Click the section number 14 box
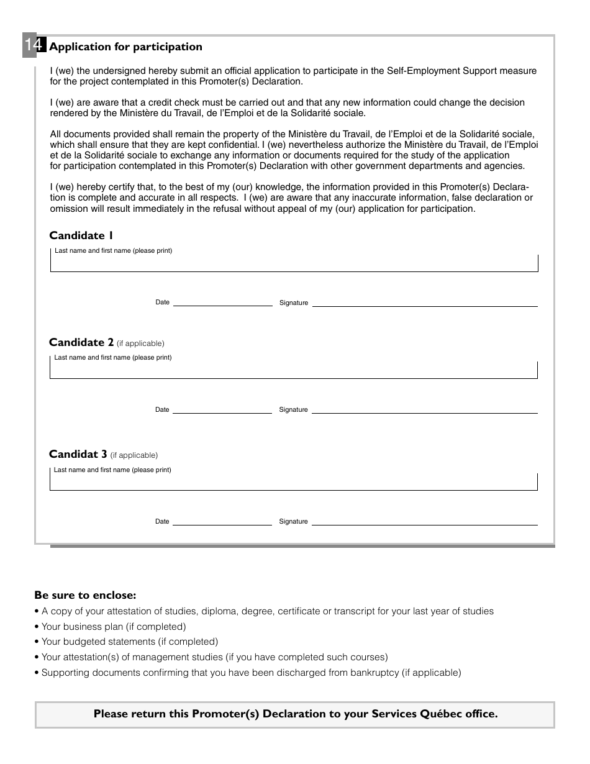[34, 46]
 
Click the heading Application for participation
[125, 47]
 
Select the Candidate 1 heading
[81, 235]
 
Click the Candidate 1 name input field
[294, 263]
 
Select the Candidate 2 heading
[81, 342]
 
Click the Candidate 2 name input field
[294, 370]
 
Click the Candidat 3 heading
[78, 454]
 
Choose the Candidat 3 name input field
[294, 482]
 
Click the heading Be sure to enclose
[85, 595]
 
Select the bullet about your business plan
[114, 627]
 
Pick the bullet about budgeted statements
[130, 642]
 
